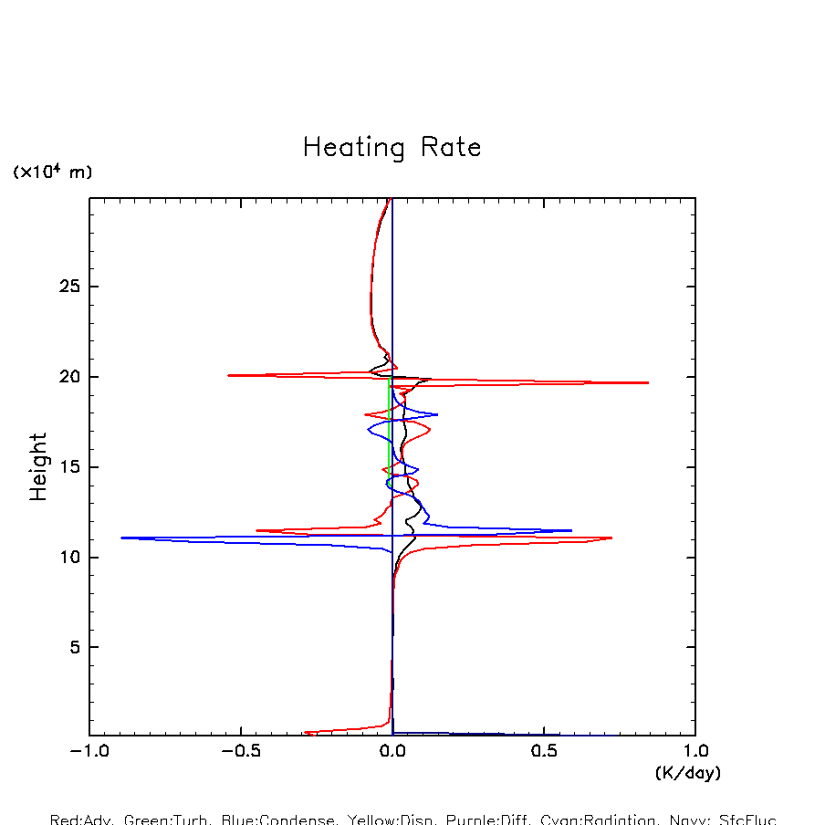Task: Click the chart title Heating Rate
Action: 392,148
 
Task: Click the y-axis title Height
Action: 38,479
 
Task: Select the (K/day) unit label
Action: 688,773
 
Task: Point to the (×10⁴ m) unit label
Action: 52,172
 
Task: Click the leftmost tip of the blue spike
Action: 121,538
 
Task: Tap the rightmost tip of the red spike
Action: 648,382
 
